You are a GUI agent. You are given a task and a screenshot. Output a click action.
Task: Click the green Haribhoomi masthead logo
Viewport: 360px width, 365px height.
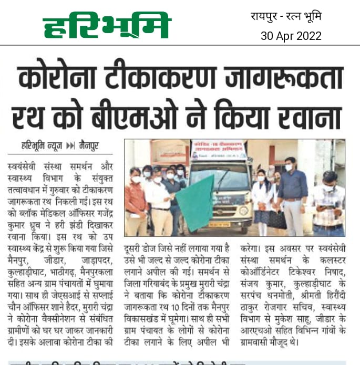pos(107,26)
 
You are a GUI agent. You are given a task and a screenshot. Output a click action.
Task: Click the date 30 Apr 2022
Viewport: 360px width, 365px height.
pos(291,36)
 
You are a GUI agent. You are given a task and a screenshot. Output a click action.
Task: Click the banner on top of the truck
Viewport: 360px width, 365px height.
pos(219,149)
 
